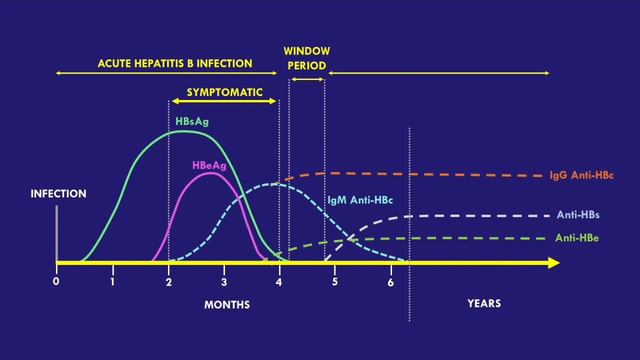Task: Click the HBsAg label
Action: (191, 121)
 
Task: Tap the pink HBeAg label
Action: (209, 165)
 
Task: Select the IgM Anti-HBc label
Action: (360, 200)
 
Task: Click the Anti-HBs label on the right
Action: (578, 215)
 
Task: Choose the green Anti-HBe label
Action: (579, 238)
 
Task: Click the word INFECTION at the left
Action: (57, 194)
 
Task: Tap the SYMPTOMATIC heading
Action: (218, 92)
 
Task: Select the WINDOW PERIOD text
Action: (306, 57)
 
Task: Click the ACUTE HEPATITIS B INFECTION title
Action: (167, 63)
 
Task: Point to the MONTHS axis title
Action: (227, 303)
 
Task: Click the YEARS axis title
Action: (484, 303)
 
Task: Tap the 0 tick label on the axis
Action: (57, 282)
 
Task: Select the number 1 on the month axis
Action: (113, 282)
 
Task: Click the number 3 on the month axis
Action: (224, 282)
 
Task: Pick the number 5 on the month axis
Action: (335, 282)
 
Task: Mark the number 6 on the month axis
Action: (391, 282)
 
